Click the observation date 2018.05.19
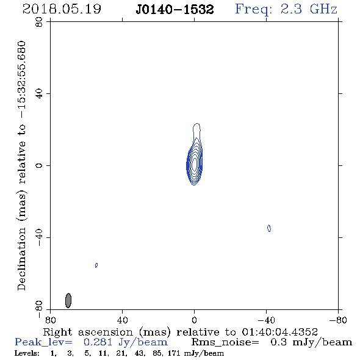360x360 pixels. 62,9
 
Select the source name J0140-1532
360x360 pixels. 175,10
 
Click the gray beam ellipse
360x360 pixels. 68,301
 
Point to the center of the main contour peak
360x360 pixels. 195,164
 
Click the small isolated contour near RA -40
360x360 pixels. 269,228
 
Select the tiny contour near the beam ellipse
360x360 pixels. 96,265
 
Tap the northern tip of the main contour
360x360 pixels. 196,123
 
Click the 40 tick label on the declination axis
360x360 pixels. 39,94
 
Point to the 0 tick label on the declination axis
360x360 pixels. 39,165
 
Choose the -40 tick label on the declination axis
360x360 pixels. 39,237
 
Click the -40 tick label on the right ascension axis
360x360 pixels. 266,320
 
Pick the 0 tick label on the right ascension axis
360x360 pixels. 195,320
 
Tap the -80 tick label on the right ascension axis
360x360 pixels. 338,320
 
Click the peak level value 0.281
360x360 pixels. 98,342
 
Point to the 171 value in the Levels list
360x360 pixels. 174,353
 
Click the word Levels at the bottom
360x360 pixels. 27,353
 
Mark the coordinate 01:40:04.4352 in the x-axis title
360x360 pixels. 279,332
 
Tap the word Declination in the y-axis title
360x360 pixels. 21,259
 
